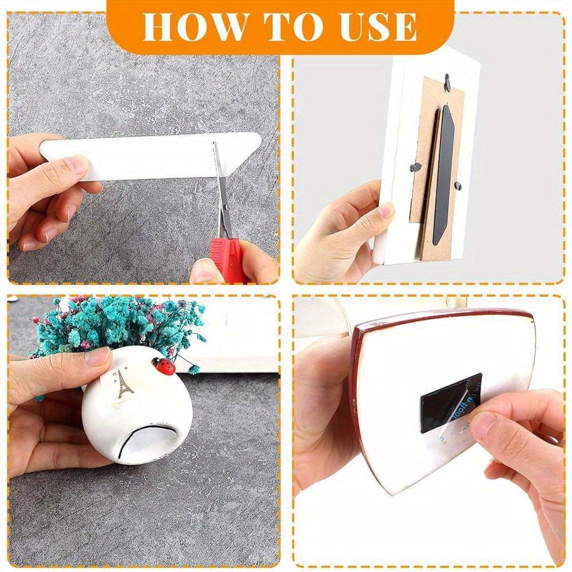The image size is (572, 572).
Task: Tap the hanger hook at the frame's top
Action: [x=447, y=85]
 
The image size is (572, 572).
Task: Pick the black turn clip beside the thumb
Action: [x=416, y=168]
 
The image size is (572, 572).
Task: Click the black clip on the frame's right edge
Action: [x=457, y=185]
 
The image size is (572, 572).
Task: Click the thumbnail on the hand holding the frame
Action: [x=386, y=210]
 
